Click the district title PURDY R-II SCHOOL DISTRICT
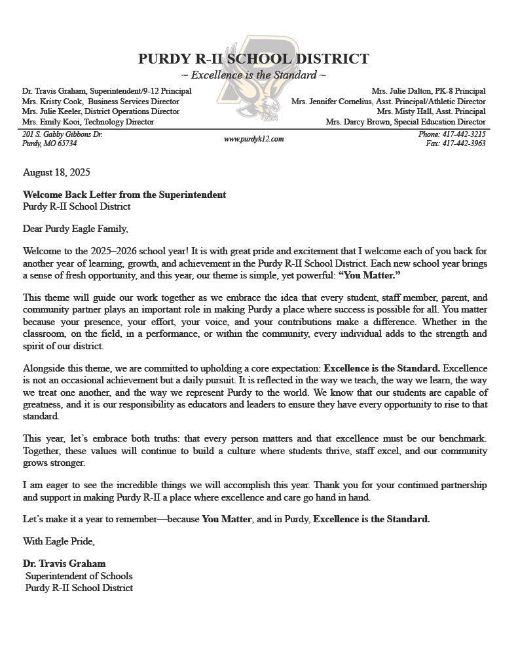coord(253,59)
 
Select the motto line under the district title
coord(253,75)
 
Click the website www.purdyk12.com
coord(253,139)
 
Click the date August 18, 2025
coord(56,173)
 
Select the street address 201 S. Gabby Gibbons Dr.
coord(62,134)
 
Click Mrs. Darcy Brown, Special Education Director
coord(406,122)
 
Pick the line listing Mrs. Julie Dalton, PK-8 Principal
coord(428,91)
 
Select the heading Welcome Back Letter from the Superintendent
coord(124,195)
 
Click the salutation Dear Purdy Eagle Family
coord(75,229)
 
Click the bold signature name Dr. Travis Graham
coord(64,564)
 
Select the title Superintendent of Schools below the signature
coord(79,576)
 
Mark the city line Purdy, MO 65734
coord(50,144)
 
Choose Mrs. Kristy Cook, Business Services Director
coord(100,102)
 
